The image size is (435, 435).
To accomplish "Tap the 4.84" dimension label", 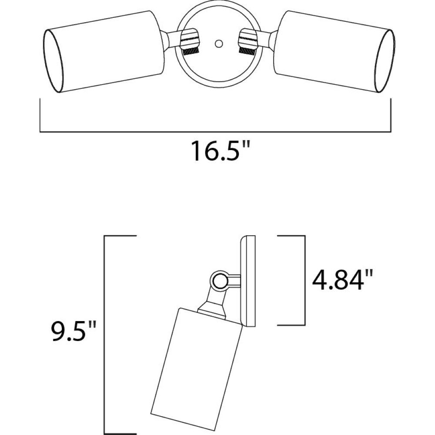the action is [342, 280].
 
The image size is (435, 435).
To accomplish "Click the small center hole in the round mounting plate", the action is [219, 43].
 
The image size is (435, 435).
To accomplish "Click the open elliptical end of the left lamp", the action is [53, 61].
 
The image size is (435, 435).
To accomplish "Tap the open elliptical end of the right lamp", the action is [385, 61].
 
